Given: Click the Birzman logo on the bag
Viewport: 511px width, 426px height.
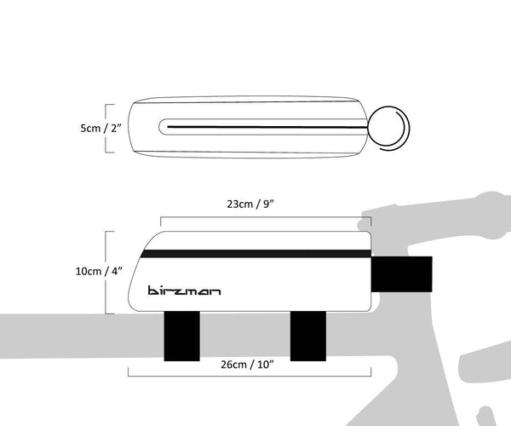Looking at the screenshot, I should (184, 290).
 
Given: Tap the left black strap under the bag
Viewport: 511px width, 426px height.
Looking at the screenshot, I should (181, 334).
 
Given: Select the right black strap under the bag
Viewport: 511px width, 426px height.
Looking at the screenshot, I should (308, 334).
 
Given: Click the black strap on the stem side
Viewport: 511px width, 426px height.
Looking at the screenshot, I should (402, 272).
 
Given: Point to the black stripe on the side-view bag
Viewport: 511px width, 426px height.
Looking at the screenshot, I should (255, 253).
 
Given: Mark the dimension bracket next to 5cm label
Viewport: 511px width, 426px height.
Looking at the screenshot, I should (106, 129).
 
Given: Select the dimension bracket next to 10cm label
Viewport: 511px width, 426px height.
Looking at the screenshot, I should (106, 272).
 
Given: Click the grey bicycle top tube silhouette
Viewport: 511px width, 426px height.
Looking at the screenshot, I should (68, 332).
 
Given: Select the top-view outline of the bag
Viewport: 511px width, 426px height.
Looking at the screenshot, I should (247, 106).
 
